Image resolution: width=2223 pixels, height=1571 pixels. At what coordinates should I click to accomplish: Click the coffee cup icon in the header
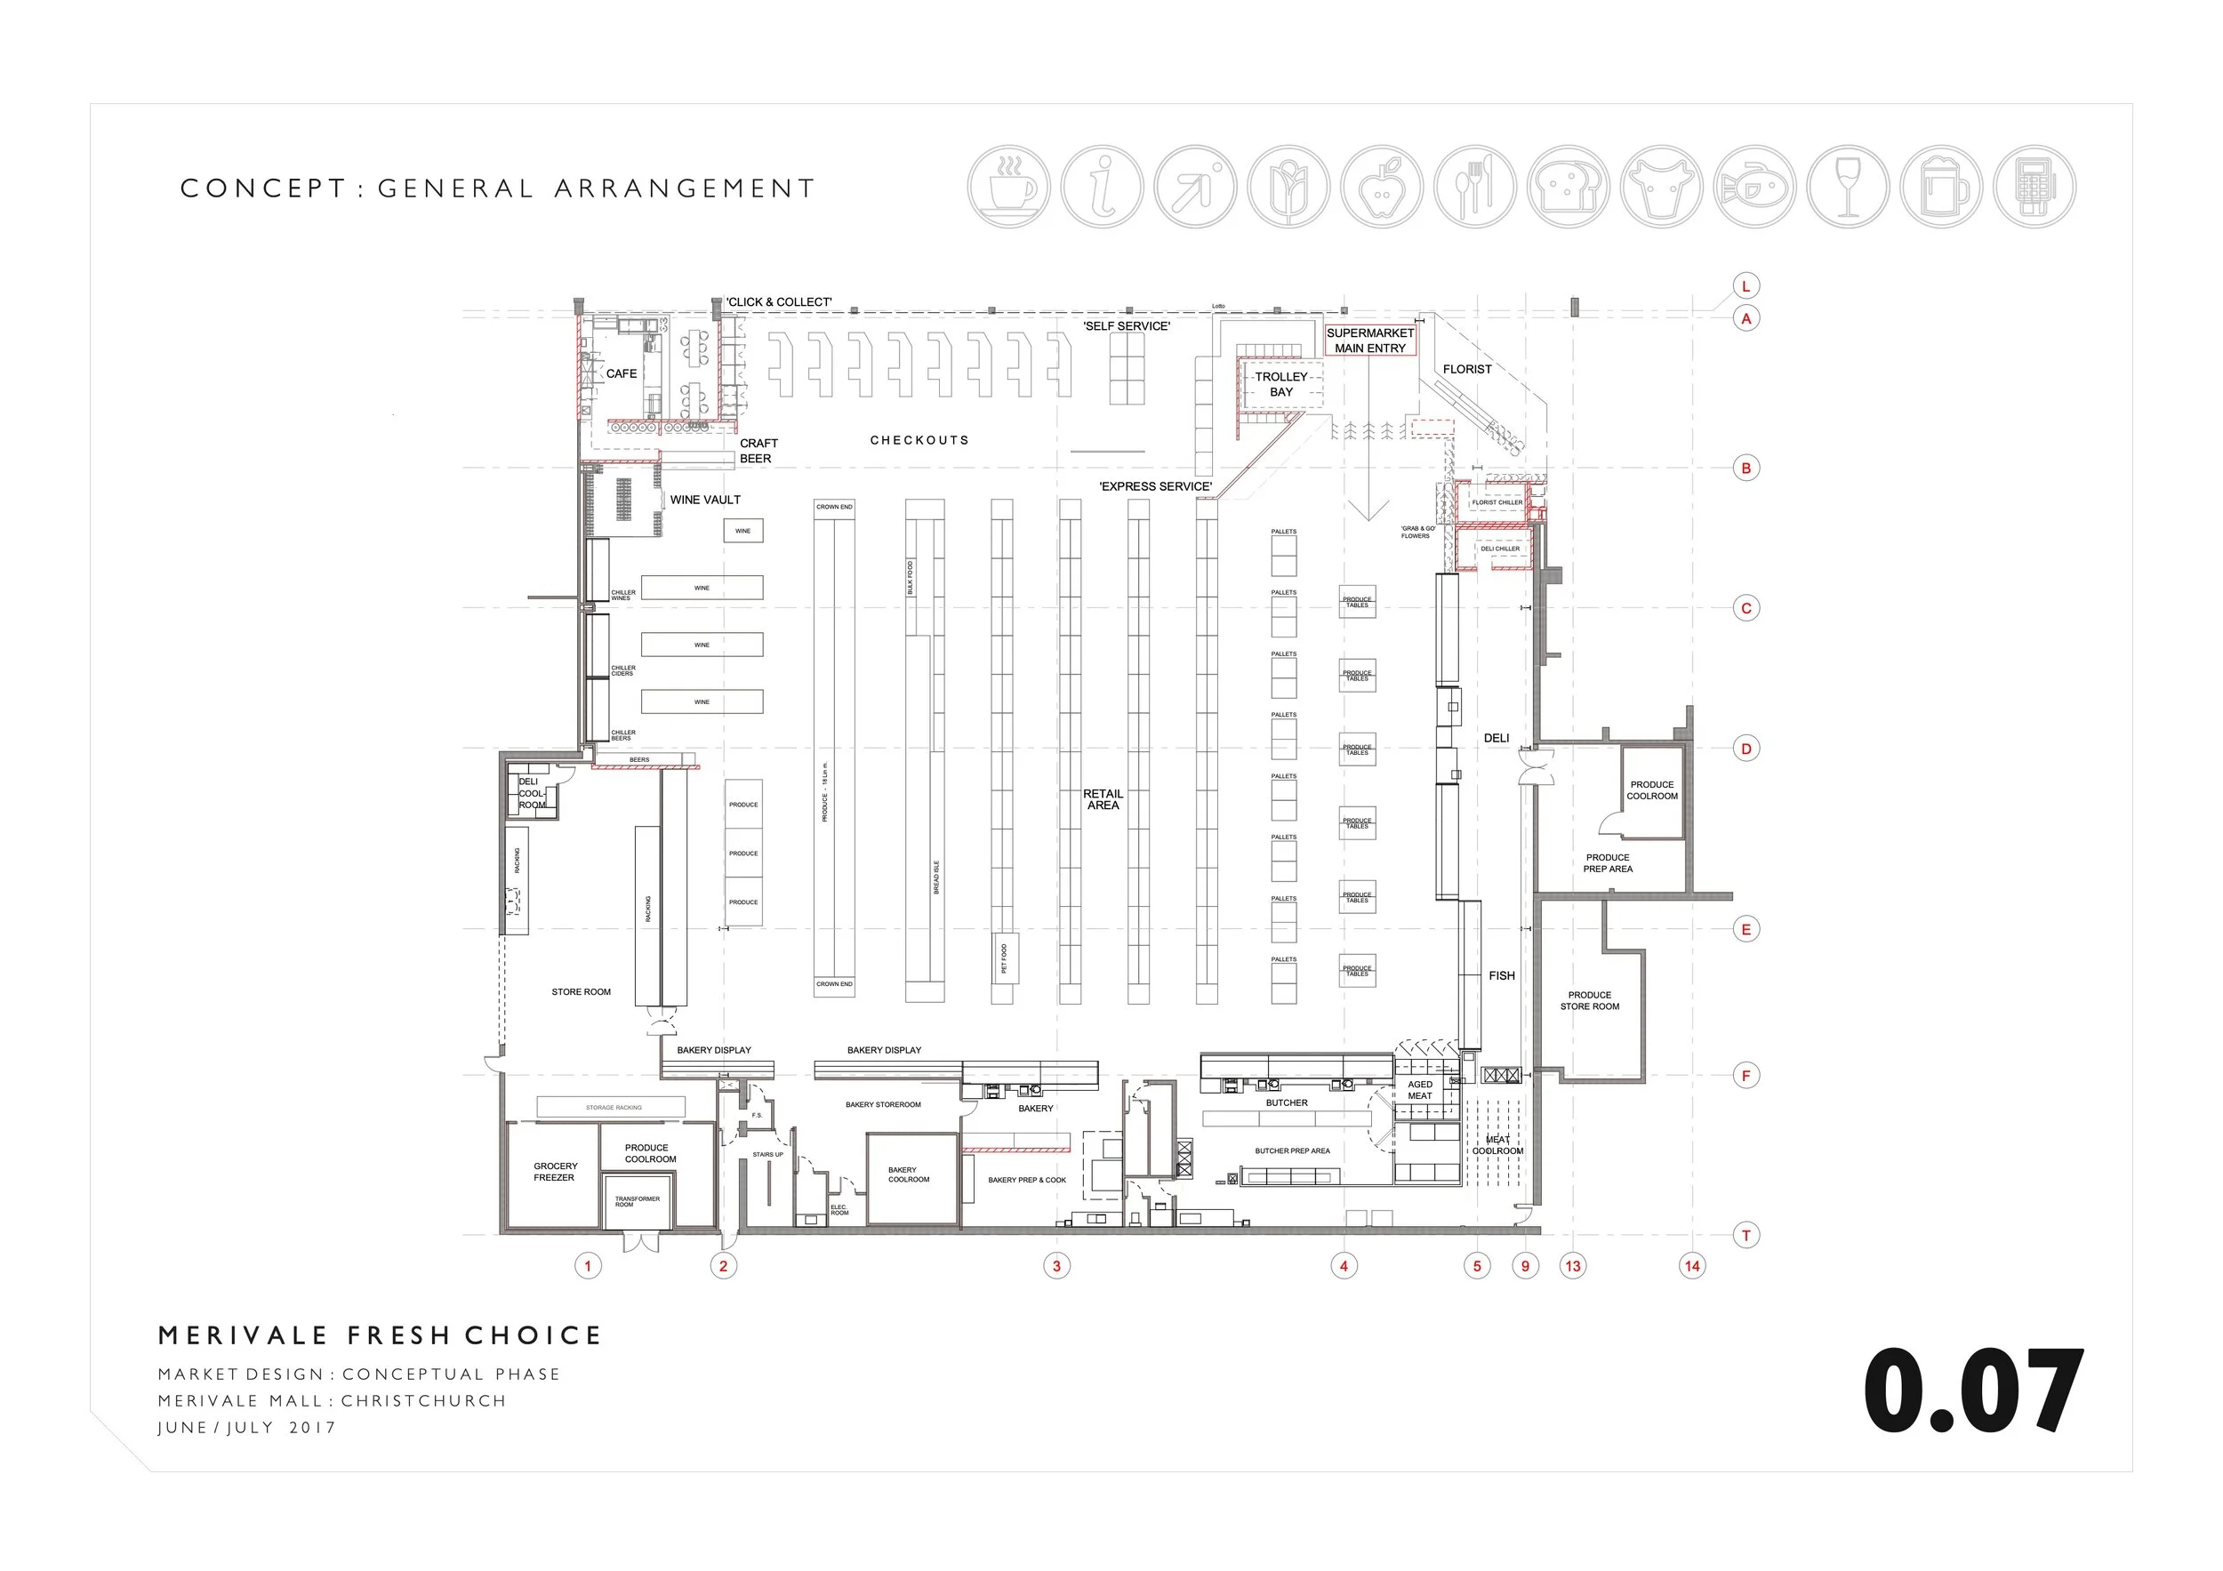pos(1009,187)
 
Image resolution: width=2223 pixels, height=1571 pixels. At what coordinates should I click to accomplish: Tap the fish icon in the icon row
pos(1754,187)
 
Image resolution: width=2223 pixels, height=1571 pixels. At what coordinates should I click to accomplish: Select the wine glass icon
pos(1849,187)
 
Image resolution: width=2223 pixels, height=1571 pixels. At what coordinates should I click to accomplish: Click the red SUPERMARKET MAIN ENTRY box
pos(1370,340)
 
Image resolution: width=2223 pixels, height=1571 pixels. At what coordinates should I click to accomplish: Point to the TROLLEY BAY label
pos(1281,384)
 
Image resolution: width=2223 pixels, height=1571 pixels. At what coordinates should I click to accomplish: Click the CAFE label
pos(622,373)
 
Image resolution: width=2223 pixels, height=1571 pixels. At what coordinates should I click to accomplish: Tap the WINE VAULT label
pos(705,500)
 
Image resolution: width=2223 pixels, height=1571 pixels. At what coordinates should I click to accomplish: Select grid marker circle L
pos(1745,286)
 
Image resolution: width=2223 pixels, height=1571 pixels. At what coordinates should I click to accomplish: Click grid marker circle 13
pos(1572,1265)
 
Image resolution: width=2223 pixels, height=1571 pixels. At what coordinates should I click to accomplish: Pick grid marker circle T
pos(1745,1235)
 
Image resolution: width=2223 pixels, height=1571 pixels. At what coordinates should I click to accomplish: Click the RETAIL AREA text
pos(1103,799)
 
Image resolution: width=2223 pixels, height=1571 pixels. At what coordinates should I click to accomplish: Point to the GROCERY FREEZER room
pos(555,1171)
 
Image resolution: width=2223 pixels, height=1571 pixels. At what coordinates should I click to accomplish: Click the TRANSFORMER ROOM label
pos(637,1201)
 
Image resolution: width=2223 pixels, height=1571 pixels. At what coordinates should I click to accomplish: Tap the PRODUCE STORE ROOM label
pos(1589,1000)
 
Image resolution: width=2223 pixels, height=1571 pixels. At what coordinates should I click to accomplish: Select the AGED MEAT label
pos(1419,1090)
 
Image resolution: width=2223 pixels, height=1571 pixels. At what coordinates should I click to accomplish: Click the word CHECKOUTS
pos(919,440)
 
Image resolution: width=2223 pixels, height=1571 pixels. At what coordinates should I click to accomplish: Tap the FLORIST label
pos(1467,369)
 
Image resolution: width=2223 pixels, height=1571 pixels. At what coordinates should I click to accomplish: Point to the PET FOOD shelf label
pos(1004,958)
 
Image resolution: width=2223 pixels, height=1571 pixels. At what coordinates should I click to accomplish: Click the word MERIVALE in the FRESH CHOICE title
pos(243,1335)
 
